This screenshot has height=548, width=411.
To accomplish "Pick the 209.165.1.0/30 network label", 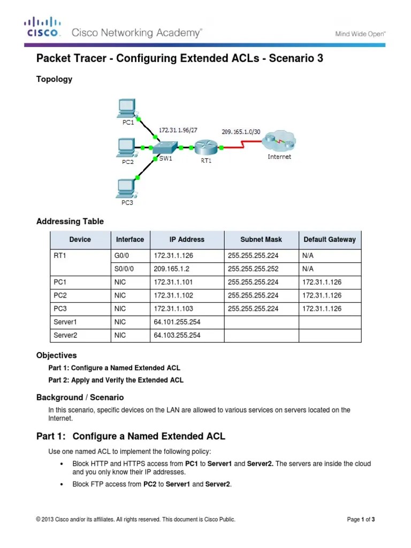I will (x=241, y=131).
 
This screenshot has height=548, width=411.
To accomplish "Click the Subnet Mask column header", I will (x=261, y=240).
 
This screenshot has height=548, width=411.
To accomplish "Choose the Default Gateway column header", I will (x=330, y=240).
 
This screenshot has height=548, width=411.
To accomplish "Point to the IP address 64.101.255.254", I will (x=177, y=322).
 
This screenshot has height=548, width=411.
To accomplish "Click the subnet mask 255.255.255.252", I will (x=253, y=269).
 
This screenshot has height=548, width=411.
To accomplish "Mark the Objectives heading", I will (x=57, y=355).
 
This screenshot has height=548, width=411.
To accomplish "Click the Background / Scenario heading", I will (x=80, y=397).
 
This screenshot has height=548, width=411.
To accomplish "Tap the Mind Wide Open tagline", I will (x=360, y=34).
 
